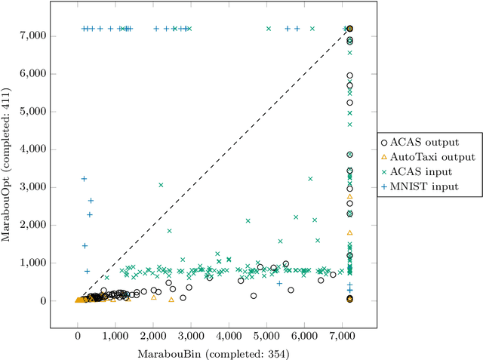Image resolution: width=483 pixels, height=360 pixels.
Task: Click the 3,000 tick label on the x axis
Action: (191, 332)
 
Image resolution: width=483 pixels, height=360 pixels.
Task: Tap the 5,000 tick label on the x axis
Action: (266, 332)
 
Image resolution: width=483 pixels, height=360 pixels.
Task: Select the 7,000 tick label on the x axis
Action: (342, 332)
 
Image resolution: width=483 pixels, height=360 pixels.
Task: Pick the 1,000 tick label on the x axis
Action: (115, 332)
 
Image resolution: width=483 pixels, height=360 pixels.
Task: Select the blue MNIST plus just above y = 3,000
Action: (84, 179)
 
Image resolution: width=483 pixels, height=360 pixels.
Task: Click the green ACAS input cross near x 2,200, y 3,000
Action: (161, 185)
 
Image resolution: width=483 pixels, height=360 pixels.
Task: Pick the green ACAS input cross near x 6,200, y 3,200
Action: (310, 179)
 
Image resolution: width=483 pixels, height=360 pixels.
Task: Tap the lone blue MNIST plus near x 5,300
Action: (279, 284)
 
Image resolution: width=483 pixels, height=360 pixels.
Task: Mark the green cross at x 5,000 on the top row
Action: (268, 29)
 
